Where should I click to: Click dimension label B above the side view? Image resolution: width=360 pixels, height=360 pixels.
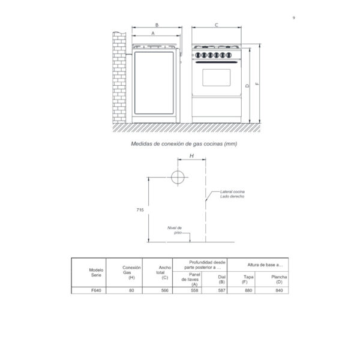157,25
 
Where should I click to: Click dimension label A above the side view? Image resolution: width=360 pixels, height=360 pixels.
153,33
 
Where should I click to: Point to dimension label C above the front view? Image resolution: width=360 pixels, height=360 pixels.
216,25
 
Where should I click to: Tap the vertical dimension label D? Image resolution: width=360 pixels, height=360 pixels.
247,86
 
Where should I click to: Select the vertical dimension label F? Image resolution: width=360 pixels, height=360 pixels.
257,84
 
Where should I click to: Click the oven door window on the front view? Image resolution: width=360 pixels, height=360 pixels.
216,77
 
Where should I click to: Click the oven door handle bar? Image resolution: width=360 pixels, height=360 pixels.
216,62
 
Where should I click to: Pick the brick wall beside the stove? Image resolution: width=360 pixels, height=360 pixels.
119,77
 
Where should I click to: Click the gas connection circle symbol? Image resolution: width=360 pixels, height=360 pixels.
178,177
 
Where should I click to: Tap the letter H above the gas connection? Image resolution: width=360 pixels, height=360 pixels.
192,156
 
